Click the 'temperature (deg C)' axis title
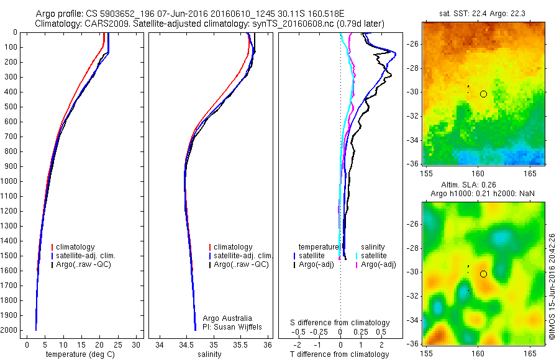coord(79,354)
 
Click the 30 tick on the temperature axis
coord(137,344)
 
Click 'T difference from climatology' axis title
coord(339,354)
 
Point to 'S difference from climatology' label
coord(340,323)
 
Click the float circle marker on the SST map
coord(483,94)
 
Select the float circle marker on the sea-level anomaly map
coord(483,274)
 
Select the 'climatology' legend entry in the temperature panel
coord(76,247)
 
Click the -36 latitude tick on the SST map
coord(413,164)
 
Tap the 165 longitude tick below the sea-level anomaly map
coord(529,351)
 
